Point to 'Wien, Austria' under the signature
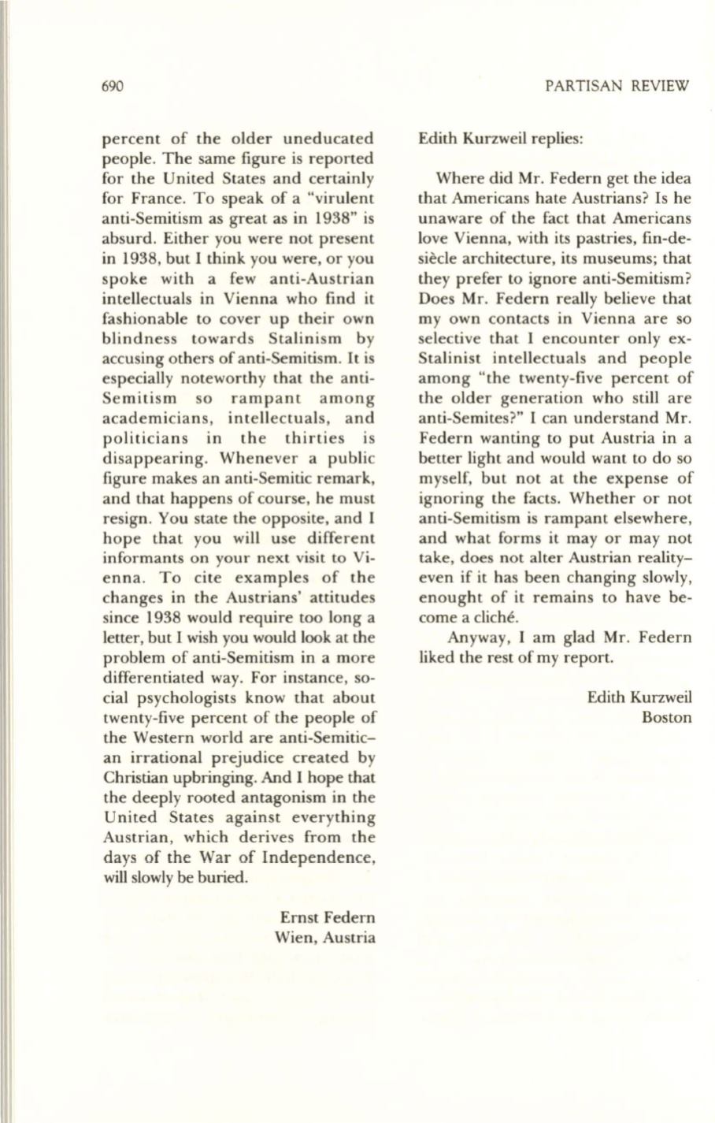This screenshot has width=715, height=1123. pyautogui.click(x=324, y=938)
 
